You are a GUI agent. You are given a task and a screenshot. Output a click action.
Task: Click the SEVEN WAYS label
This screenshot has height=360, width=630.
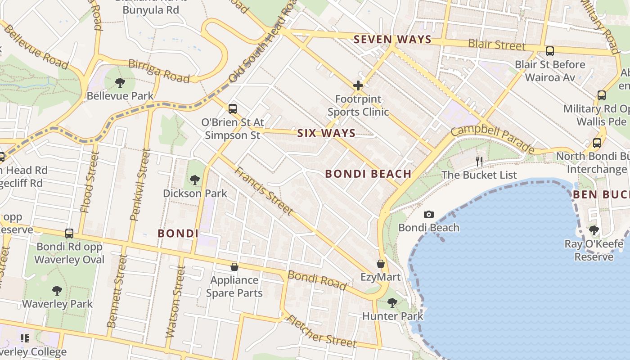point(392,40)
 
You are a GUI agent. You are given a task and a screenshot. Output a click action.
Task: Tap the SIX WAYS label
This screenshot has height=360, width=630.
point(326,133)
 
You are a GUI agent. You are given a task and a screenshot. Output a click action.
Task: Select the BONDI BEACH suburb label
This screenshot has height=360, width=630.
point(368,174)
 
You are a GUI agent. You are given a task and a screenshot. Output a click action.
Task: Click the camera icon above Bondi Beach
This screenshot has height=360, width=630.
point(429,215)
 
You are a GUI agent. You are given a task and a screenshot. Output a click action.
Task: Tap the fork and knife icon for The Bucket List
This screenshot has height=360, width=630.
point(479,161)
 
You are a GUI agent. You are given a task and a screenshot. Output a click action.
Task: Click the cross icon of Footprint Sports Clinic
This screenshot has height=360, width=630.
point(358,85)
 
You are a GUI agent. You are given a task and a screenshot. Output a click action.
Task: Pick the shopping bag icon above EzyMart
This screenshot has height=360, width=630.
point(381,264)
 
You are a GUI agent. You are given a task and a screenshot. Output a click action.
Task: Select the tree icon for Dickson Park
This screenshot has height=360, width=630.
point(195,180)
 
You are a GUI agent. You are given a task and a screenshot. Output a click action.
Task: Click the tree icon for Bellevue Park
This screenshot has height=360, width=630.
point(120,82)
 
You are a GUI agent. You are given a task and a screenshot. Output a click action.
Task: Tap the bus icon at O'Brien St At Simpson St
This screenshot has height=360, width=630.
point(233,108)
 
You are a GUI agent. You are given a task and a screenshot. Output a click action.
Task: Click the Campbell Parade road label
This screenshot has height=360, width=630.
point(492,139)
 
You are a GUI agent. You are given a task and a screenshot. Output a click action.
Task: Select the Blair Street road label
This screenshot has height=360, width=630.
point(496,45)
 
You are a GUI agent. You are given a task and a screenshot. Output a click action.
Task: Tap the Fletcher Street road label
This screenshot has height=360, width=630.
point(321,332)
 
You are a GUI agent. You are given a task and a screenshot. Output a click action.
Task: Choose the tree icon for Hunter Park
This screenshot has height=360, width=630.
point(392,303)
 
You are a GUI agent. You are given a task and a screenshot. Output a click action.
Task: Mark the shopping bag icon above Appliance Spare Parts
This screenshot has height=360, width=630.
point(234,267)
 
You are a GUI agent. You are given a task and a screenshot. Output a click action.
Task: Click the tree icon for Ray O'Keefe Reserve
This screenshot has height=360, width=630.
point(594,230)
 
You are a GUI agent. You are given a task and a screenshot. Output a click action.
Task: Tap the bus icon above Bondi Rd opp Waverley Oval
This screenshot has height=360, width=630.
point(69,233)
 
